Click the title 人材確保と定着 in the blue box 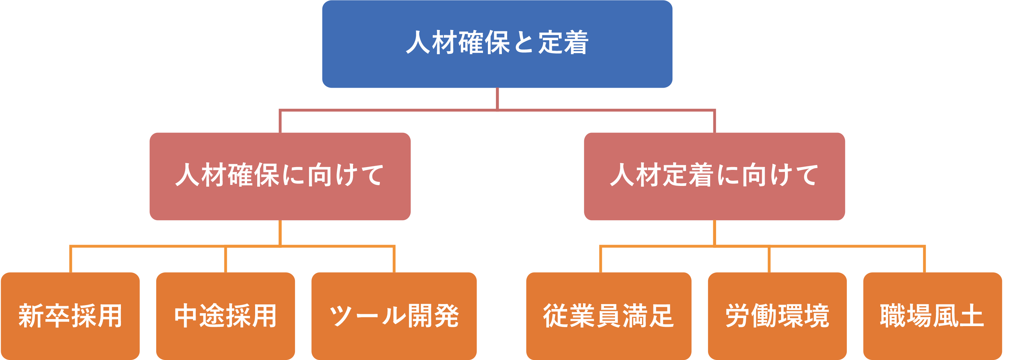point(497,42)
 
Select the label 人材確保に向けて point(280,175)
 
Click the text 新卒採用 point(71,316)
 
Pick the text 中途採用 point(225,316)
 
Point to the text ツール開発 point(394,316)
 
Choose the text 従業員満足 point(608,316)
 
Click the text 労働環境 point(777,316)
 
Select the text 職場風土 point(932,316)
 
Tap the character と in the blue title point(524,42)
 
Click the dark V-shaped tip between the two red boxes point(497,196)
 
